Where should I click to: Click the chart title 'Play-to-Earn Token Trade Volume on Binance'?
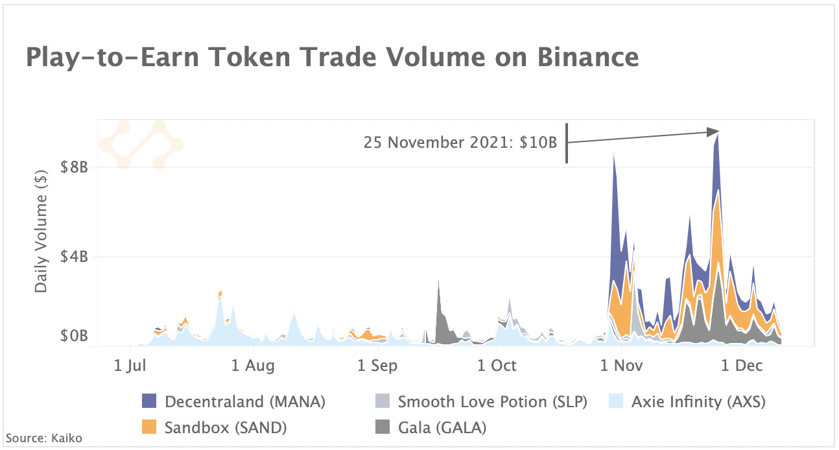coord(332,58)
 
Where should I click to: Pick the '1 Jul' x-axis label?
coord(132,366)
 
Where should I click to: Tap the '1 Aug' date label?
coord(252,366)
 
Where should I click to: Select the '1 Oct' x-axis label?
coord(497,366)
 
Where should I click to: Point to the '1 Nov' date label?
coord(621,366)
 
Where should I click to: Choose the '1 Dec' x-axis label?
coord(741,366)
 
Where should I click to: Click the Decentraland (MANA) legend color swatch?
coord(150,402)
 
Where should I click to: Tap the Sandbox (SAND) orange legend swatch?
coord(150,427)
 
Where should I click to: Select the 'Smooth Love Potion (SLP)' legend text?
coord(492,402)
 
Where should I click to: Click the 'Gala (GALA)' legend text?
coord(442,427)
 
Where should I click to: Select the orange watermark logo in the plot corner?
coord(141,145)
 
